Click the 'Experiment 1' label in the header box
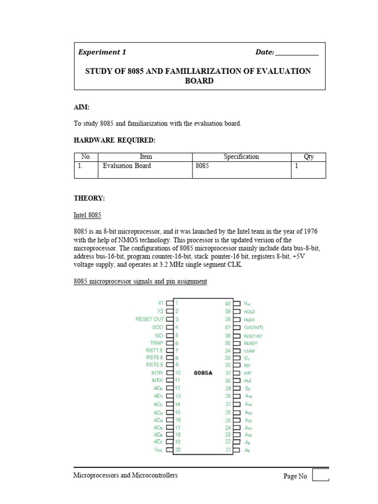tap(102, 52)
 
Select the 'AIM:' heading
tap(82, 107)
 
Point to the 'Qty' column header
tap(309, 157)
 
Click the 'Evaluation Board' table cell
tap(126, 166)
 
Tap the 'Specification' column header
tap(241, 157)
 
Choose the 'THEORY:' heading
tap(89, 198)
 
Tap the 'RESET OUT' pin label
tap(150, 319)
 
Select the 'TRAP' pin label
tap(157, 343)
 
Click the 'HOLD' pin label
tap(250, 312)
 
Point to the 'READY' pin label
tap(251, 343)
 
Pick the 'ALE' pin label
tap(248, 380)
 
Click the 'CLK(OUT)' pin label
tap(253, 327)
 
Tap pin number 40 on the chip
tap(228, 304)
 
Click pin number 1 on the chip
tap(176, 303)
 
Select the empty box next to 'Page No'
tap(320, 475)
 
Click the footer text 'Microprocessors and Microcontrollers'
tap(126, 475)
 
